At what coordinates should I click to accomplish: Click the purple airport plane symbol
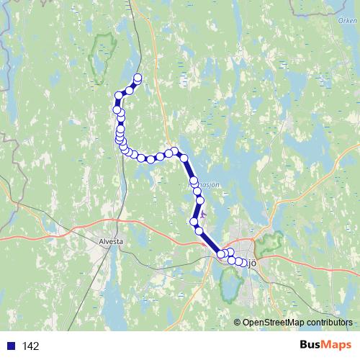[x=202, y=214]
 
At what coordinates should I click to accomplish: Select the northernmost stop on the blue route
[x=137, y=79]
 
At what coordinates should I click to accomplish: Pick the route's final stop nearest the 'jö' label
[x=245, y=263]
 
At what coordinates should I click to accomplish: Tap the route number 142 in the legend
[x=30, y=346]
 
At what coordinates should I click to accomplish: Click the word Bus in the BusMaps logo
[x=312, y=346]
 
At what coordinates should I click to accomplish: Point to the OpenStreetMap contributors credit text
[x=297, y=323]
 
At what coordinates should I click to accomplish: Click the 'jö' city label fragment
[x=252, y=262]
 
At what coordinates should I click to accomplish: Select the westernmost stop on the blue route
[x=116, y=109]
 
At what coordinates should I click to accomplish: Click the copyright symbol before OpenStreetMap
[x=238, y=323]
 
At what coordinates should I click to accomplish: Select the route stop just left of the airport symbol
[x=193, y=222]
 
